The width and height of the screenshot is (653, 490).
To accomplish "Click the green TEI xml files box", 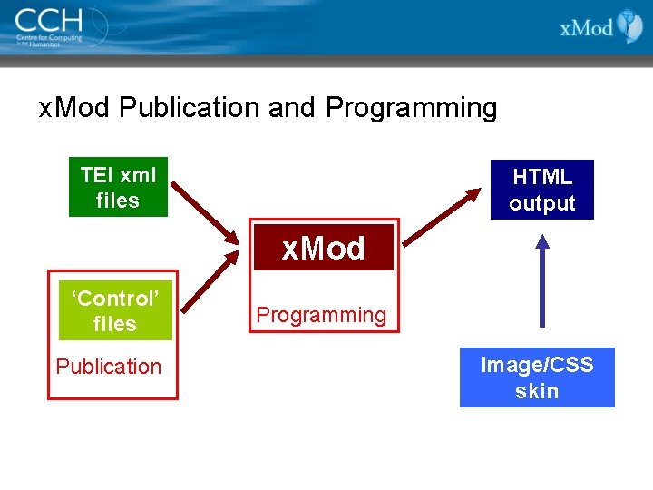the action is (118, 188).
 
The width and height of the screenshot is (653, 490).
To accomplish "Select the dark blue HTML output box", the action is (541, 190).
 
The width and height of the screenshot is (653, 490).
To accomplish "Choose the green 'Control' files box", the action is (114, 311).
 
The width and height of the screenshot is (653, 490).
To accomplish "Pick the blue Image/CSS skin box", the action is (537, 377).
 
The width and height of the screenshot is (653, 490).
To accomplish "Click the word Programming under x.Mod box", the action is (321, 315).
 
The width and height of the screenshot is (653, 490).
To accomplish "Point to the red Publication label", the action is (109, 367).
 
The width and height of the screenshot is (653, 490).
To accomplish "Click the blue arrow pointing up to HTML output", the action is (542, 281).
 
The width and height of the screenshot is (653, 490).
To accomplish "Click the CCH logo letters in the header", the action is (48, 19).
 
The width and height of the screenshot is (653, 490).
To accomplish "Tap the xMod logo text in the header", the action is (587, 27).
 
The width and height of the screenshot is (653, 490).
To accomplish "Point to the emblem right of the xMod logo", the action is (629, 26).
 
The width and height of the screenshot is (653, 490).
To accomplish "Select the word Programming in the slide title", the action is (411, 108).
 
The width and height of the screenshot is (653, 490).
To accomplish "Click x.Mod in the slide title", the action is (75, 108).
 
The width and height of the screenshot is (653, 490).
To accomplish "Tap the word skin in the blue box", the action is (537, 391).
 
